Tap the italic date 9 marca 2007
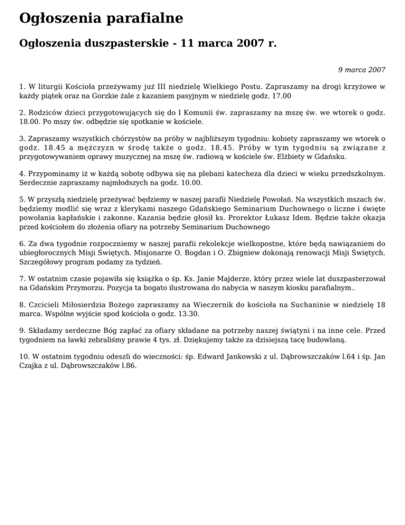361,69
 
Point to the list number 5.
22,200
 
